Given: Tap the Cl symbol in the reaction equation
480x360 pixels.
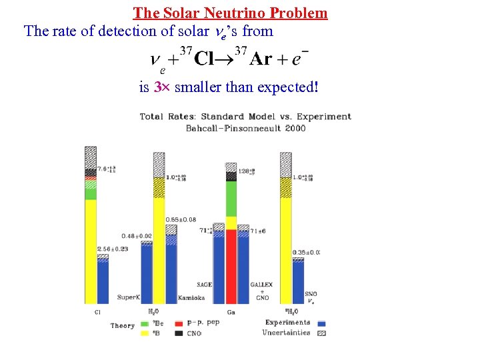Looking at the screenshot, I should (207, 59).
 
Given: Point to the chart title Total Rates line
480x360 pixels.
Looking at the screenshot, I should (245, 117).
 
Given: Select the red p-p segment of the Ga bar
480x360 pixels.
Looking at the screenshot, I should (231, 267).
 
